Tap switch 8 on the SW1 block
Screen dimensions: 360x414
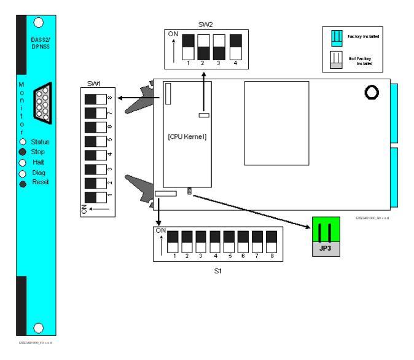coord(95,98)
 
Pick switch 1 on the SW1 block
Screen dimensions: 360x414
coord(95,197)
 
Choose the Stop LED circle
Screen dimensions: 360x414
coord(23,152)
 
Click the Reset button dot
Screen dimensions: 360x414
coord(23,183)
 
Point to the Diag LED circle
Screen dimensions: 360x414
coord(23,173)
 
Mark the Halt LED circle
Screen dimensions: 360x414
coord(23,162)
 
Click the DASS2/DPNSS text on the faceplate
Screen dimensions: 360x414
coord(40,45)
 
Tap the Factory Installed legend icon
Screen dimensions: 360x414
coord(336,37)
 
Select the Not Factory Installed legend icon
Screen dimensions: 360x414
coord(336,60)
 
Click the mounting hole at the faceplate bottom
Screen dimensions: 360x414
coord(39,327)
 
